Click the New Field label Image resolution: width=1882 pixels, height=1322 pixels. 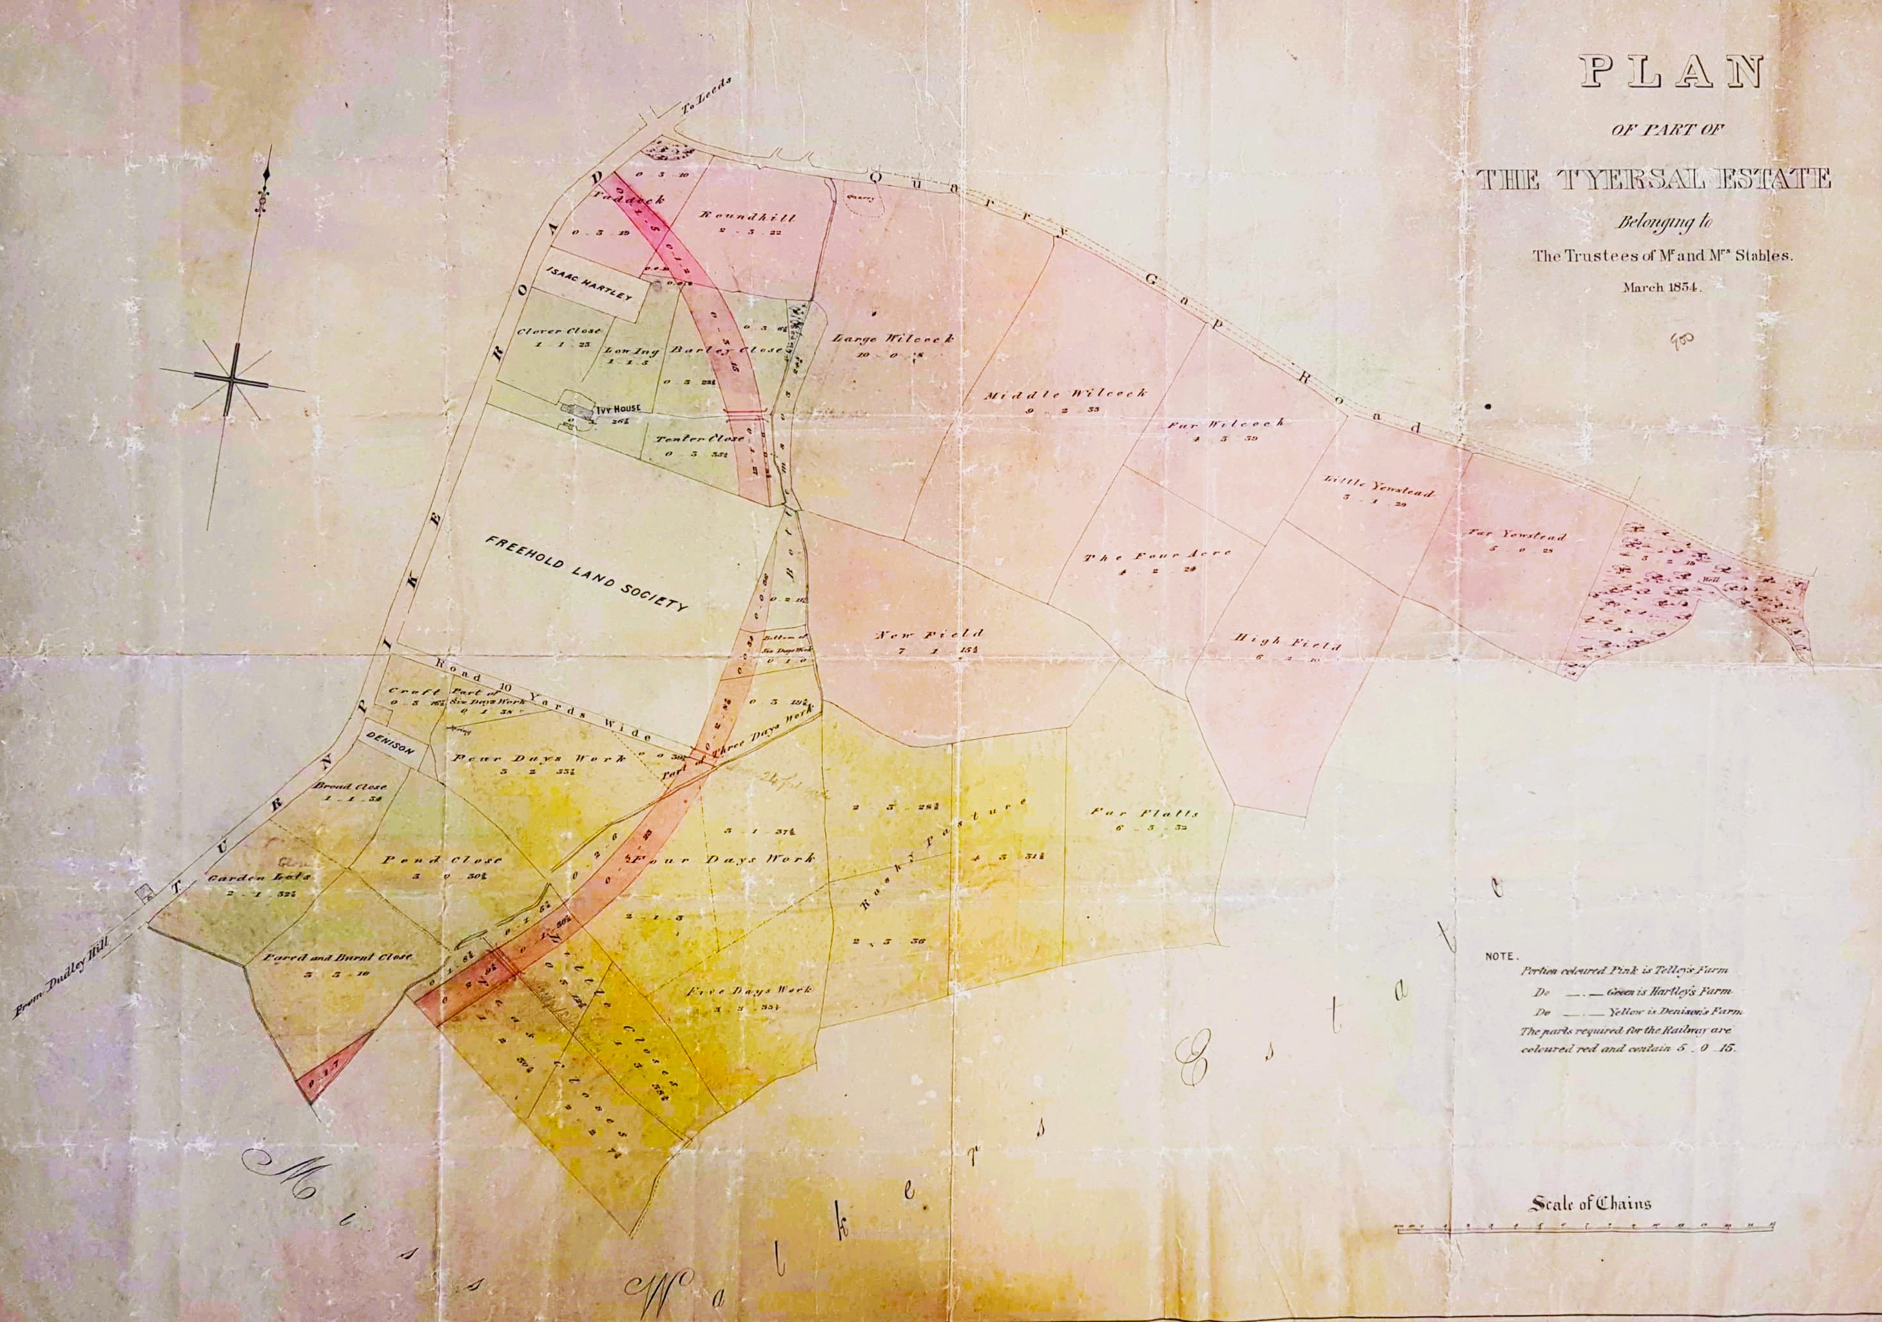coord(928,635)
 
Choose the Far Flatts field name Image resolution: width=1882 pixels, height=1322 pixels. coord(1143,813)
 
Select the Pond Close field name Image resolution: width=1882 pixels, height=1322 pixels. coord(443,860)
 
